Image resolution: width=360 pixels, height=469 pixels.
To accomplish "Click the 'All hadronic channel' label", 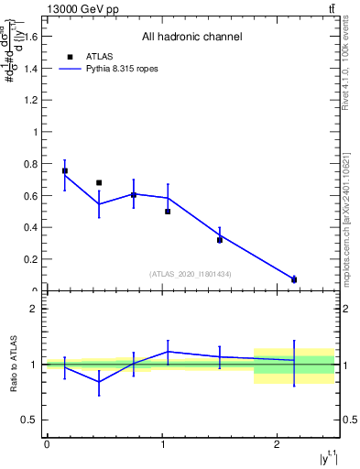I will point(191,38).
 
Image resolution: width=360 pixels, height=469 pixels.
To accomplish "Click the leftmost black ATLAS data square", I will point(64,170).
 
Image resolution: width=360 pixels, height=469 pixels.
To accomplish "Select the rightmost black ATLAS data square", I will point(294,279).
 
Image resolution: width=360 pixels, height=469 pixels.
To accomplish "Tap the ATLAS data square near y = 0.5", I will point(168,212).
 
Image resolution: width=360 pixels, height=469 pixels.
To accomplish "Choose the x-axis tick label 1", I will point(162,445).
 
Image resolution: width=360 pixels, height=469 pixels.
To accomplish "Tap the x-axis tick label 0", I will point(47,445).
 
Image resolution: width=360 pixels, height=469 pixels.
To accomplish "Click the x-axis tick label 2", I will point(277,445).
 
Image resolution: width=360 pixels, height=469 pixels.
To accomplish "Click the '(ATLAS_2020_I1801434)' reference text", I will point(191,274).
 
